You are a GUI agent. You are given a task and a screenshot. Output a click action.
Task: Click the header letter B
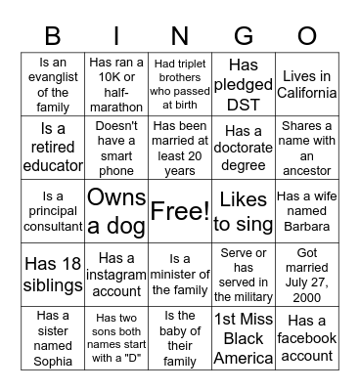[55, 36]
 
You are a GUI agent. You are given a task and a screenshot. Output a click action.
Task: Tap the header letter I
[117, 36]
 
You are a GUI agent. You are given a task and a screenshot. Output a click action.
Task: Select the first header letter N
[179, 36]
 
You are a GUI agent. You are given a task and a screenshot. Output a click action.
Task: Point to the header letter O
[306, 36]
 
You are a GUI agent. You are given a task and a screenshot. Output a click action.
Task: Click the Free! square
[179, 210]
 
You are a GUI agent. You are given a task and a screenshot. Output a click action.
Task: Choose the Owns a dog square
[116, 210]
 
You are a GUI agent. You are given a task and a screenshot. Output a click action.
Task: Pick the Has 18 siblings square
[54, 273]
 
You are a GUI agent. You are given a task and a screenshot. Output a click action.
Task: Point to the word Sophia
[54, 361]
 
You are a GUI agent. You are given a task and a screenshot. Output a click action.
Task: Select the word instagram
[116, 274]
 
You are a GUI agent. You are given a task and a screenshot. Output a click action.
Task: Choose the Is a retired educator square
[54, 148]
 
